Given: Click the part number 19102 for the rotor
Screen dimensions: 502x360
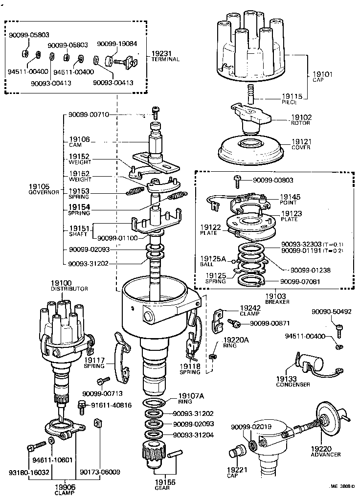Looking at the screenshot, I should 302,117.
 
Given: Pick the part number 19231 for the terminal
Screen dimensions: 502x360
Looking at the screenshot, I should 162,53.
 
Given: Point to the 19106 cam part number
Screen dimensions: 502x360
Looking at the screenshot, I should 79,139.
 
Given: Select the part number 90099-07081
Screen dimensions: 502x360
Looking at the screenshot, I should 301,282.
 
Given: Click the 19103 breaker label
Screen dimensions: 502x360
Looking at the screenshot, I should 277,297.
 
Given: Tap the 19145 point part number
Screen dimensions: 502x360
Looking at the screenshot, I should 291,197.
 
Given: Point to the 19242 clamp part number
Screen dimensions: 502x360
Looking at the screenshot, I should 250,308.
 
